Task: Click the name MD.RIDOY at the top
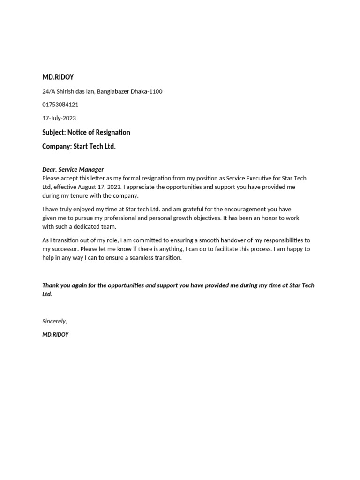pyautogui.click(x=58, y=77)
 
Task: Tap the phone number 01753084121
pyautogui.click(x=60, y=105)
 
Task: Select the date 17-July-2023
pyautogui.click(x=59, y=118)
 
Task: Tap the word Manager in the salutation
pyautogui.click(x=91, y=170)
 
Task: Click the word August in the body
pyautogui.click(x=92, y=187)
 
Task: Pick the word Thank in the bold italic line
pyautogui.click(x=51, y=285)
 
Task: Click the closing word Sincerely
pyautogui.click(x=54, y=322)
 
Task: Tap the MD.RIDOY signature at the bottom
pyautogui.click(x=55, y=335)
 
